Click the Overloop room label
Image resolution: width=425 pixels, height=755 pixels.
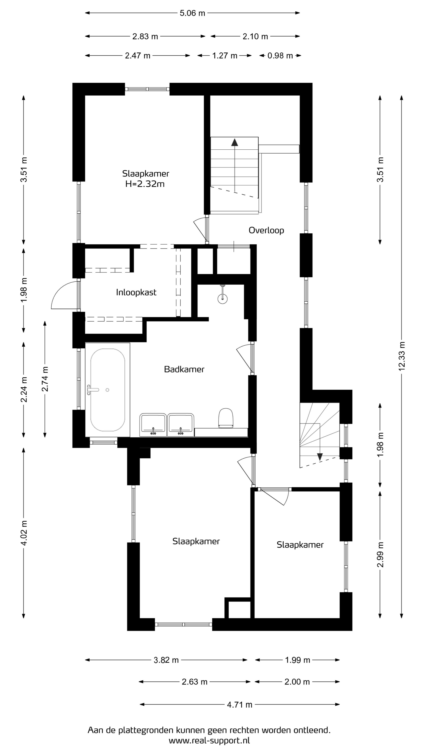[266, 230]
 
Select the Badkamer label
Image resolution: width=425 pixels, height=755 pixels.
[184, 369]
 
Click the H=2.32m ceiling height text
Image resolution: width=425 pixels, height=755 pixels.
[145, 184]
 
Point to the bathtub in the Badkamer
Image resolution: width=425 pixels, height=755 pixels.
[108, 390]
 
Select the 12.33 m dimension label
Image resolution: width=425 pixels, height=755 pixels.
[402, 356]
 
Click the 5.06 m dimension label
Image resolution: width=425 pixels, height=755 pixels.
[192, 13]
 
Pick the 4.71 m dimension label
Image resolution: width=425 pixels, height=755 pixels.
[240, 705]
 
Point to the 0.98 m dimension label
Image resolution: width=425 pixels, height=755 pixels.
[280, 56]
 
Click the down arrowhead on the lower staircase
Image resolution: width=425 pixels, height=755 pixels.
[320, 457]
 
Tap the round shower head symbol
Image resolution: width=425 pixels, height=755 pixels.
[223, 299]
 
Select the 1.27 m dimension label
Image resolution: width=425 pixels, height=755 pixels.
[225, 56]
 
